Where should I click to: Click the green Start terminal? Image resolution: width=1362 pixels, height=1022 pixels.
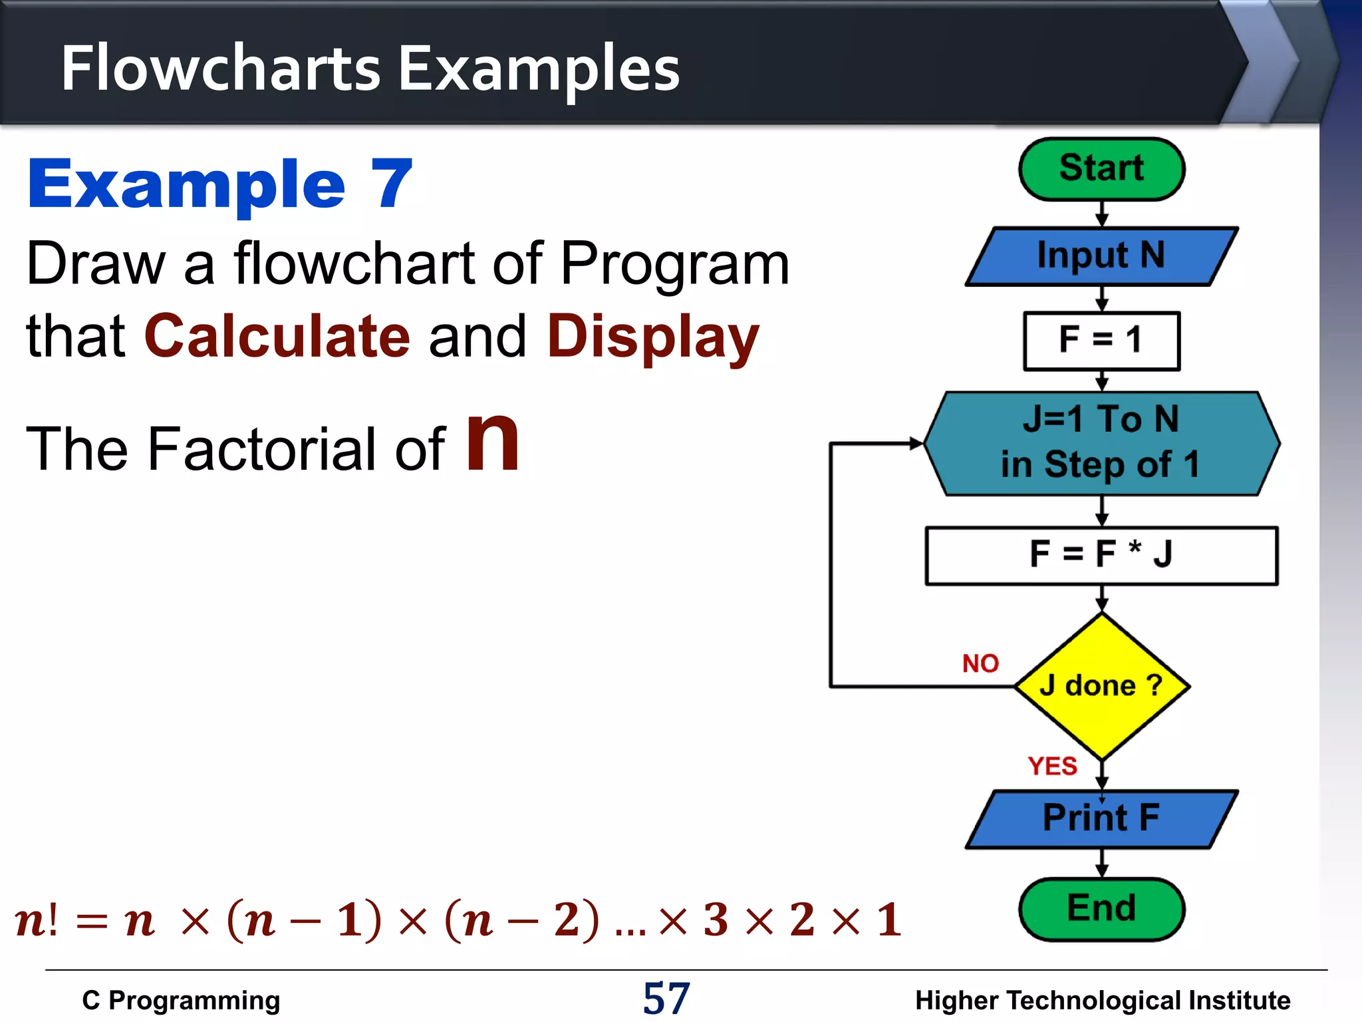coord(1101,169)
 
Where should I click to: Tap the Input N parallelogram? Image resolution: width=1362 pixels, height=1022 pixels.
coord(1101,256)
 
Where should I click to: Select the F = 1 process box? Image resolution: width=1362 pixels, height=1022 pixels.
coord(1101,340)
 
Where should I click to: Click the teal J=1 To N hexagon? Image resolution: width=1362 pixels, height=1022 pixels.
coord(1101,442)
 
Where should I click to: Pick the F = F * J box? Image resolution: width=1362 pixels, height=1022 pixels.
coord(1101,555)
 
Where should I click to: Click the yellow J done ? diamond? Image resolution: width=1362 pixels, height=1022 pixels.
coord(1101,685)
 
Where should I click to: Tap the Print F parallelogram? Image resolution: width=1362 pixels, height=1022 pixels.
coord(1101,818)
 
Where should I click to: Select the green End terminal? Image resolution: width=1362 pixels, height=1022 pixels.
coord(1101,909)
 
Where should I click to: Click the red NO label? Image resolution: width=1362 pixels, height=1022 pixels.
coord(980,663)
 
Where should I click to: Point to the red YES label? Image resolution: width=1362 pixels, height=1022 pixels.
coord(1052,766)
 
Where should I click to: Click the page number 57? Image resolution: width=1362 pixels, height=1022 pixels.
coord(666,998)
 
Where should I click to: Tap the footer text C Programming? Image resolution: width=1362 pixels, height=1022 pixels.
coord(181,1000)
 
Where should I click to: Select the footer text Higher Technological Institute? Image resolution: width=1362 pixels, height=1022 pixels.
coord(1102,1000)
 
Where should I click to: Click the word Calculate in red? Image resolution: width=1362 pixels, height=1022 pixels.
coord(277,336)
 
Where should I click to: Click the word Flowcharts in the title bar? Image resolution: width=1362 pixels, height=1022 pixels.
coord(220,69)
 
